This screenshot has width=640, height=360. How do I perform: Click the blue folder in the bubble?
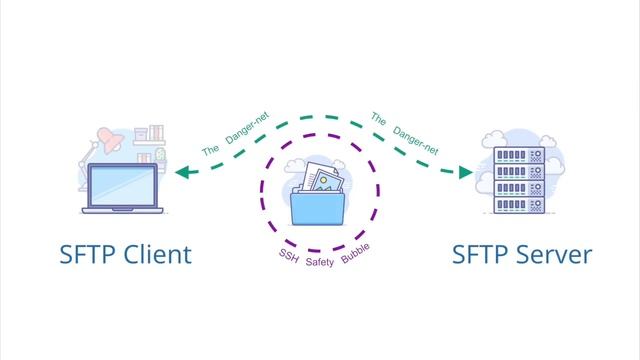[320, 210]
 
